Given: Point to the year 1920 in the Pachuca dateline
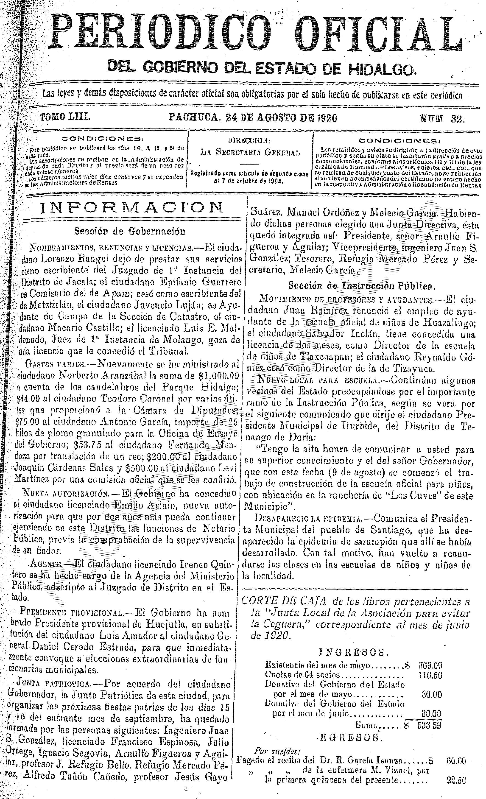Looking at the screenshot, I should click(x=324, y=118).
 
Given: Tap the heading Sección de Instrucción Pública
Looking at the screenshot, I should click(x=361, y=286).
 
